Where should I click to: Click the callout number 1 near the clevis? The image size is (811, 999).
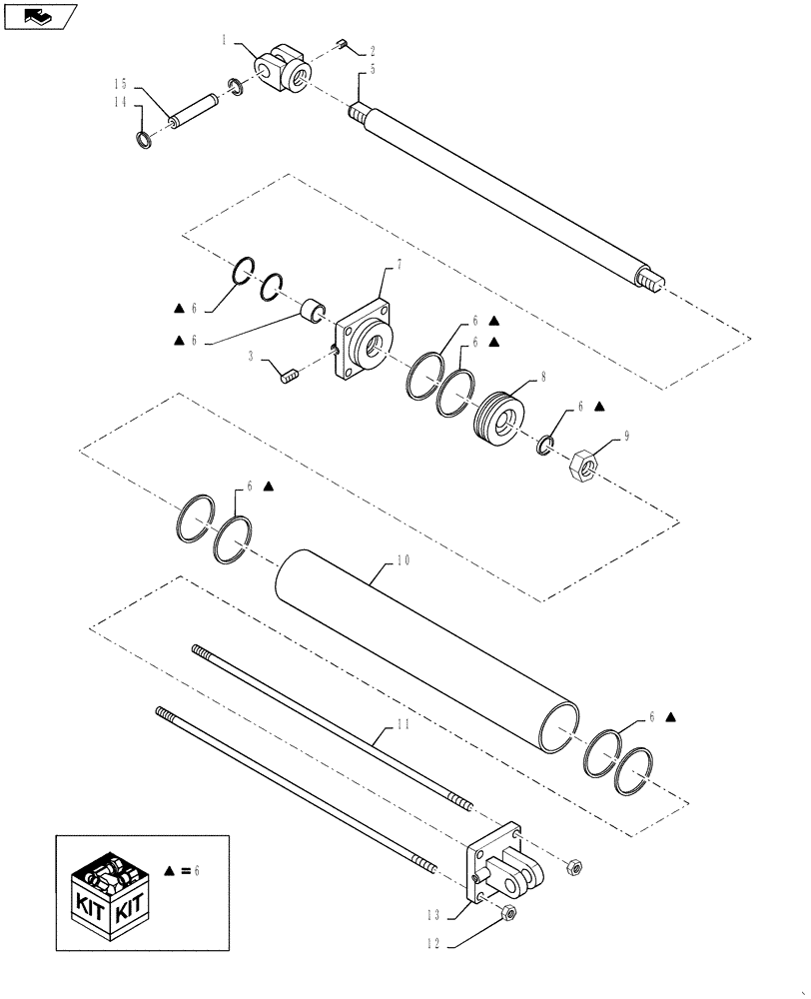[226, 41]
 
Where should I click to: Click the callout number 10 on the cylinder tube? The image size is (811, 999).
[403, 561]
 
